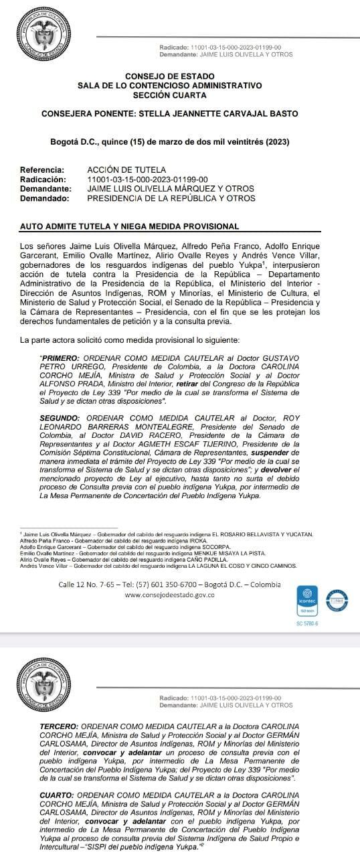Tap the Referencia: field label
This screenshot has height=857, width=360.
[42, 170]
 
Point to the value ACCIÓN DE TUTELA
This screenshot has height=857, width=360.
[126, 170]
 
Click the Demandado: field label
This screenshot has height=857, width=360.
[45, 198]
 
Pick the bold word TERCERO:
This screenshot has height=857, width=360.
[59, 726]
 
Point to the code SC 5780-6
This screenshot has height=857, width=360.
[307, 624]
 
